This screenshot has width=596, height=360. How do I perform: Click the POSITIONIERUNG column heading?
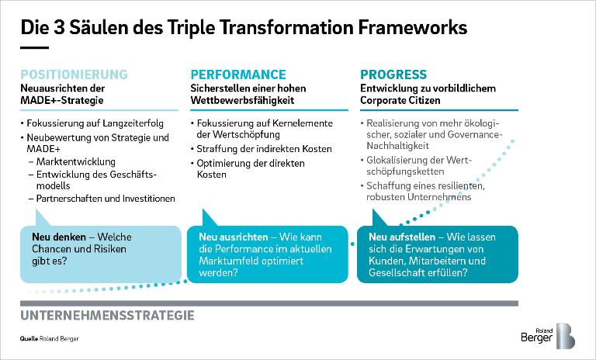tap(74, 74)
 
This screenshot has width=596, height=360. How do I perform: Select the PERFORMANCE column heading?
tap(238, 74)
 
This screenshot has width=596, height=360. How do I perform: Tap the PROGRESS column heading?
tap(393, 74)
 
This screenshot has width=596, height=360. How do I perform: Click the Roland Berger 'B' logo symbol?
tap(566, 336)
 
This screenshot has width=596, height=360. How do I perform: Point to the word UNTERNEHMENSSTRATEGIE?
tap(107, 316)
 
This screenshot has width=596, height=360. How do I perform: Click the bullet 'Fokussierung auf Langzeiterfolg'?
tap(95, 123)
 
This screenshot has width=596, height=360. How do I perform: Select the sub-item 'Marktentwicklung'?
tap(75, 161)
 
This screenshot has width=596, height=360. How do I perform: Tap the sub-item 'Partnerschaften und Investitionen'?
tap(106, 199)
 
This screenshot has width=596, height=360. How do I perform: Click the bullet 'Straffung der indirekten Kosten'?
tap(264, 149)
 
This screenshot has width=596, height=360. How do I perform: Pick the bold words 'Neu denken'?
tap(59, 237)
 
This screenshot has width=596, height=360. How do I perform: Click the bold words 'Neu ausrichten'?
tap(234, 237)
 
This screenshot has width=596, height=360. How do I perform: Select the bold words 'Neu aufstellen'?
tap(402, 237)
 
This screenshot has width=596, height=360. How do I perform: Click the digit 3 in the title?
tap(59, 28)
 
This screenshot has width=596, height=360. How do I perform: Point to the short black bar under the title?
tap(35, 48)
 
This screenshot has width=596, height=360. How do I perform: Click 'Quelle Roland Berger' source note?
tap(50, 339)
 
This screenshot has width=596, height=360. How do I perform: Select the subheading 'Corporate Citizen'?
tap(400, 100)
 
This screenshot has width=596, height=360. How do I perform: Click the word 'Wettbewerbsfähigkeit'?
tap(242, 100)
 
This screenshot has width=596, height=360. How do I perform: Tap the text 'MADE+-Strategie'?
tap(62, 100)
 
